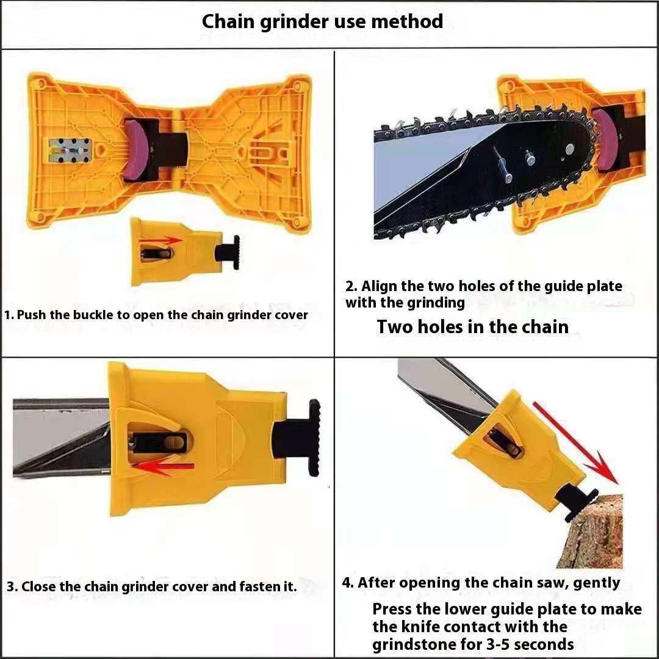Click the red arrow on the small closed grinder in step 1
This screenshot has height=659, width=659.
[160, 240]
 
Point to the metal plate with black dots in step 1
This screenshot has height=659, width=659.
[70, 150]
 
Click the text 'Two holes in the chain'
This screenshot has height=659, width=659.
[472, 326]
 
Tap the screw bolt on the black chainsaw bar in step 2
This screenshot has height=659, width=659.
[502, 164]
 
